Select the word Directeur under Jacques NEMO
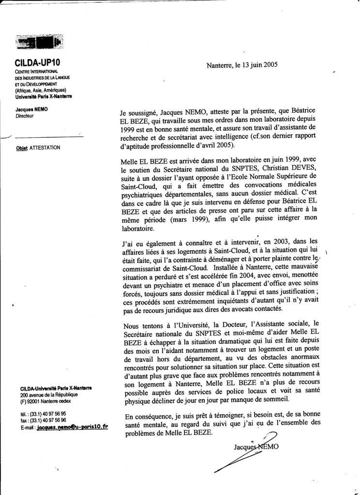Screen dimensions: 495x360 coord(25,116)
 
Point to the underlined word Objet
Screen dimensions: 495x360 coord(21,148)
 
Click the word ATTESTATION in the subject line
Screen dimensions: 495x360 coord(45,148)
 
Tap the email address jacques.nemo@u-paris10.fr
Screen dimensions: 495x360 coord(73,428)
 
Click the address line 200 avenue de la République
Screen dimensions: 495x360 coord(49,395)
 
